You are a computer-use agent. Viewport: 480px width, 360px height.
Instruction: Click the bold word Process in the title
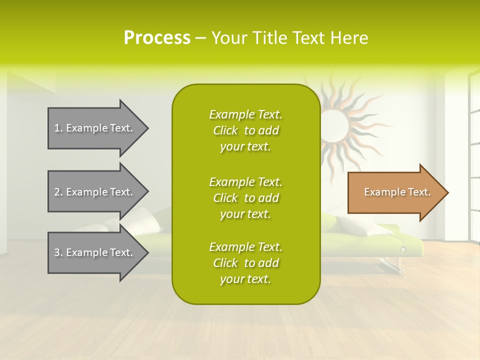[157, 37]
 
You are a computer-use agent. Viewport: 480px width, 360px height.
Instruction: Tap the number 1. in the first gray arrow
[58, 128]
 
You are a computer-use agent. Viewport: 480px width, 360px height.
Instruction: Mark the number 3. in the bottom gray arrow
[58, 252]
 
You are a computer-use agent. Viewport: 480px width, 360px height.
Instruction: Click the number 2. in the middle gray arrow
[58, 192]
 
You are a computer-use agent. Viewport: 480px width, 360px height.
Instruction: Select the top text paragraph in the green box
[245, 130]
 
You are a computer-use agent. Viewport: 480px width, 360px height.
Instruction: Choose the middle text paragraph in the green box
[245, 198]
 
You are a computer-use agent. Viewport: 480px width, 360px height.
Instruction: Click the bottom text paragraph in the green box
[245, 263]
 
